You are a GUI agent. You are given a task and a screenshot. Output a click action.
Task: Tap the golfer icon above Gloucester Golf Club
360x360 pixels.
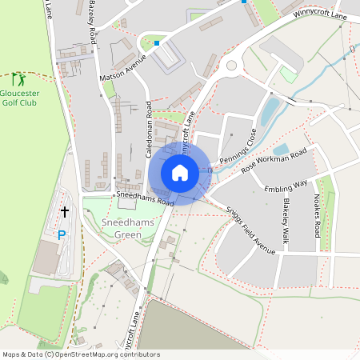point(18,79)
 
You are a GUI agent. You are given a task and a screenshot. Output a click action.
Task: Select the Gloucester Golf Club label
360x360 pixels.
point(20,97)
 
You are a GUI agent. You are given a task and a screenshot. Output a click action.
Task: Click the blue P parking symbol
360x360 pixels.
point(62,235)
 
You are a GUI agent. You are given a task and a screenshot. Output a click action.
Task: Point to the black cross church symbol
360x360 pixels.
point(64,211)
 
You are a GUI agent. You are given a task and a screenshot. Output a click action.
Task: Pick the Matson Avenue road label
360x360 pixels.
point(123,66)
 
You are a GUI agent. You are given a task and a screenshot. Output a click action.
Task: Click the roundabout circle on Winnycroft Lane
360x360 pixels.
point(232,66)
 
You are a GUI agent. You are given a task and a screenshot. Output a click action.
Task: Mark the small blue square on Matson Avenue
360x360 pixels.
point(158,43)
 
